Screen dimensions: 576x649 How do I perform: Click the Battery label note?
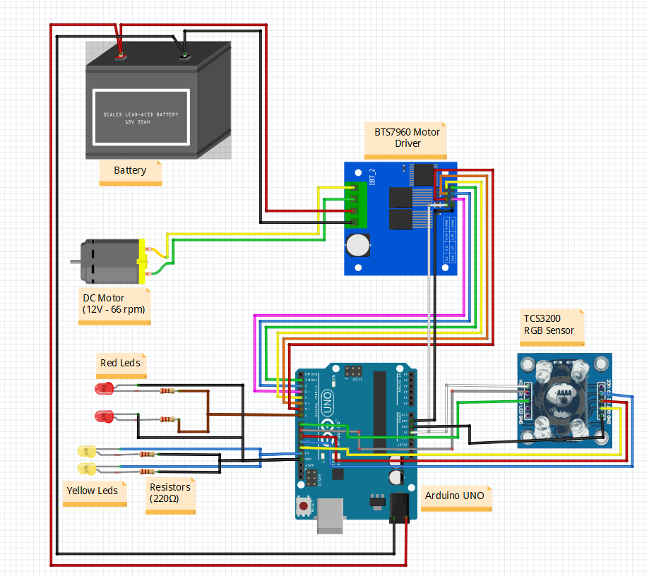[x=130, y=170]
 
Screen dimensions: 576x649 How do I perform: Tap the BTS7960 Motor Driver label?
[x=407, y=138]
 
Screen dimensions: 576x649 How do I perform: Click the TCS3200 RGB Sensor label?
[x=549, y=325]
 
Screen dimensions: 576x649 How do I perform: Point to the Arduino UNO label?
[x=455, y=496]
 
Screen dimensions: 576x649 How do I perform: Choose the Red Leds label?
[x=120, y=363]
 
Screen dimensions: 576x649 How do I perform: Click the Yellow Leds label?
[x=92, y=490]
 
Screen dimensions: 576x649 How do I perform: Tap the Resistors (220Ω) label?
[x=169, y=493]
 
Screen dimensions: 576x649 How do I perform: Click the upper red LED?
[x=103, y=388]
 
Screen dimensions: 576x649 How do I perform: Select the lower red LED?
[x=103, y=416]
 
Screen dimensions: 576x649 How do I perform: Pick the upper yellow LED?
[x=85, y=451]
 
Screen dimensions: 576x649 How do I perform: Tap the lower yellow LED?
[x=85, y=468]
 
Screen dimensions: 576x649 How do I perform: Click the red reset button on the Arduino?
[x=304, y=505]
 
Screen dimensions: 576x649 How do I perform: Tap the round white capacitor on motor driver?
[x=357, y=245]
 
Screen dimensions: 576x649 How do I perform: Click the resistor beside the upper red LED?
[x=167, y=390]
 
